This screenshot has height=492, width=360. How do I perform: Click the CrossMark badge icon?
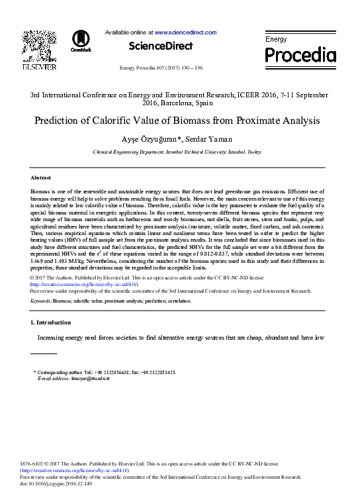pos(81,40)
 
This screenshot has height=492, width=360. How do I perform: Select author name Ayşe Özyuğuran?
pos(147,140)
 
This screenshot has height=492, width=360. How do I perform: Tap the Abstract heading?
pos(41,178)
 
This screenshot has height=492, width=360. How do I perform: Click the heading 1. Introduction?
pos(51,322)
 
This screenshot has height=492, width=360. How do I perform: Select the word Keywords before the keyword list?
pos(42,301)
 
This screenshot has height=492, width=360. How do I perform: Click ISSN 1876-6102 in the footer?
pos(32,464)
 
